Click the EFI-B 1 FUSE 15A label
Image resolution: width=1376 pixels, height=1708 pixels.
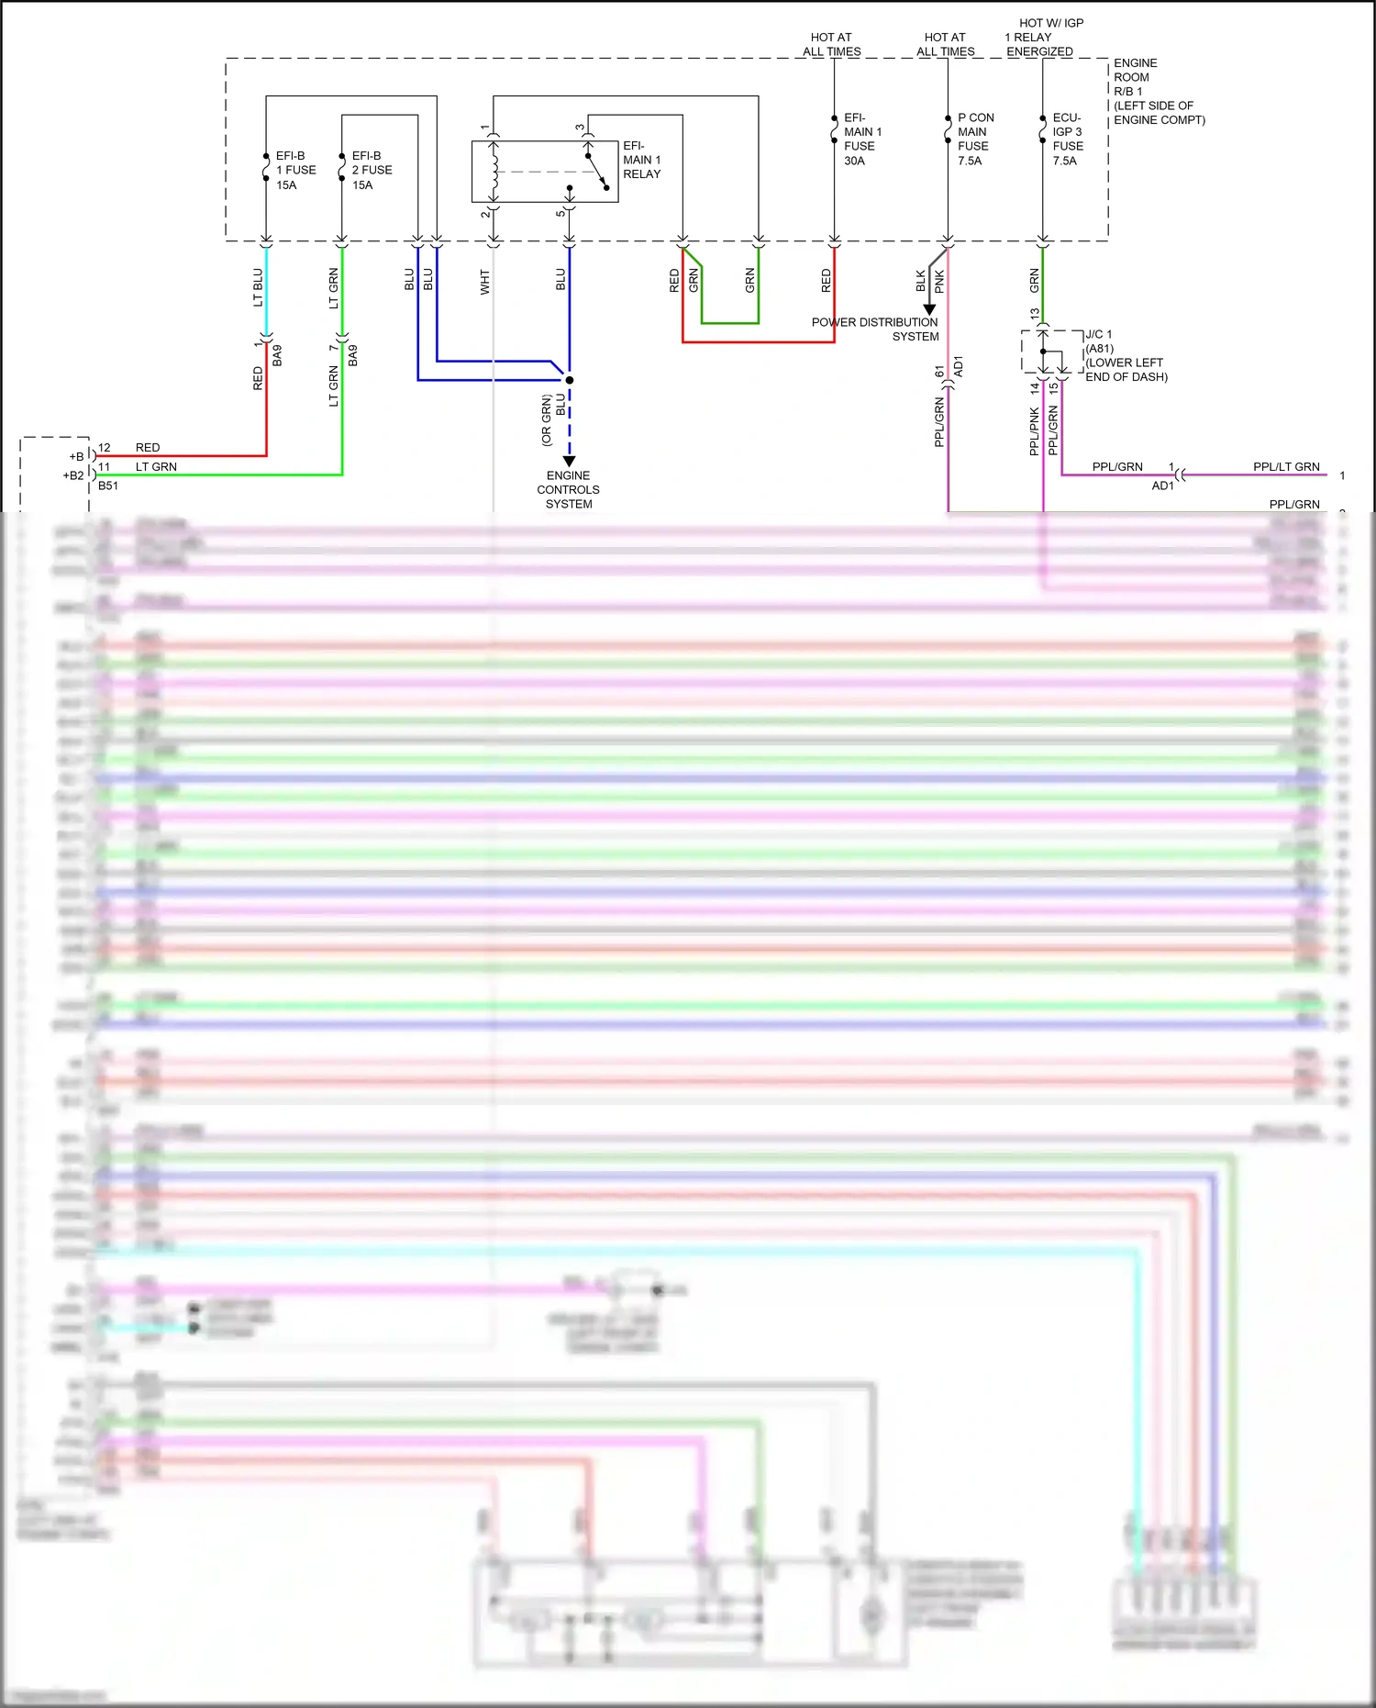(295, 170)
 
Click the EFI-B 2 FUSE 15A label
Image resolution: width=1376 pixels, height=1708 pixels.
(372, 170)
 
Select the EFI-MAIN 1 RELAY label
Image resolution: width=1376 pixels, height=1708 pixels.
(641, 160)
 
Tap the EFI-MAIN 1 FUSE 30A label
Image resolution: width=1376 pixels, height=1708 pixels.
(861, 139)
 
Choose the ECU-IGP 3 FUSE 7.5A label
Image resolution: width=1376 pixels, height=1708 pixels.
(1067, 139)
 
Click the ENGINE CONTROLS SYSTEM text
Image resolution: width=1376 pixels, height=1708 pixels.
(568, 489)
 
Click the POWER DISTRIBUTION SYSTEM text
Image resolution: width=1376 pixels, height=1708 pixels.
(875, 329)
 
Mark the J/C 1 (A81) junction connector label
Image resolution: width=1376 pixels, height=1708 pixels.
(1125, 355)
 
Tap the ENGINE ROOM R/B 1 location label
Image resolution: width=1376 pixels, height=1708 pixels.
(1158, 91)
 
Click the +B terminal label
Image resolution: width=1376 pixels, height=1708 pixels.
(76, 456)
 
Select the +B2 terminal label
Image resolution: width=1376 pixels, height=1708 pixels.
(73, 475)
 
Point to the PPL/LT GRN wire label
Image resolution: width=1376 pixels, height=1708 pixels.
(1286, 467)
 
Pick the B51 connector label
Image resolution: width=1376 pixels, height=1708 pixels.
(108, 486)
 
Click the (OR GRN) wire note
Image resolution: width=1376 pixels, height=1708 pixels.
(547, 420)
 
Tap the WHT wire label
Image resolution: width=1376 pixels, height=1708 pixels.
(485, 282)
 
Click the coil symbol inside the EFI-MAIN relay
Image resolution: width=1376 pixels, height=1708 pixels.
(494, 171)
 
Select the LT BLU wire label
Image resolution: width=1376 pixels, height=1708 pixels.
(258, 287)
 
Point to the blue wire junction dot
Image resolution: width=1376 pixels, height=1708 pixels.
(570, 380)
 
